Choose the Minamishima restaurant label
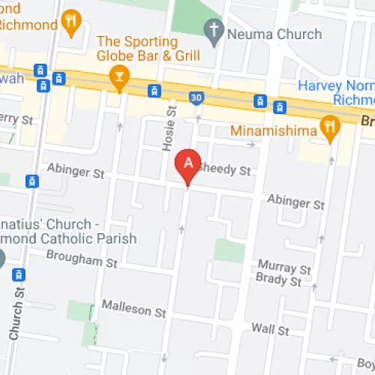pos(273,128)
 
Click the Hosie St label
pos(168,130)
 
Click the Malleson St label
pos(133,310)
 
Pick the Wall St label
pos(270,328)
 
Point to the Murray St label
pos(283,267)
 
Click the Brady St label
pos(278,283)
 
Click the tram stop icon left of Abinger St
pos(31,181)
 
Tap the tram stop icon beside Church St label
pos(20,275)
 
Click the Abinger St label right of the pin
pos(297,203)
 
